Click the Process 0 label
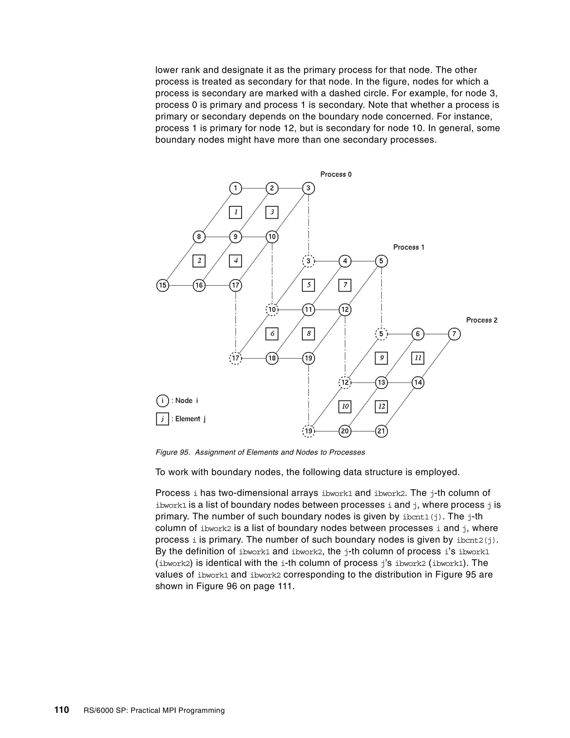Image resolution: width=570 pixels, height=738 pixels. click(336, 174)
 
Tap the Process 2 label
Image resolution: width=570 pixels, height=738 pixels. click(481, 320)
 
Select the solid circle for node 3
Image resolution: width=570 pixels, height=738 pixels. click(308, 188)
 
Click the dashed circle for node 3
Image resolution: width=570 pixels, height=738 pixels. click(308, 261)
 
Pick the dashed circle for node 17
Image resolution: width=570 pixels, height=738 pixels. click(236, 358)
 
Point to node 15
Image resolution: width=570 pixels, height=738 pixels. click(163, 285)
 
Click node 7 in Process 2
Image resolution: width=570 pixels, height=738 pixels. click(454, 334)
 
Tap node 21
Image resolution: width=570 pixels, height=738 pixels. click(381, 431)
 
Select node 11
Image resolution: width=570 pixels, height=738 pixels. click(308, 309)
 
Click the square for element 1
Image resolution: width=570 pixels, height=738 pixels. click(236, 212)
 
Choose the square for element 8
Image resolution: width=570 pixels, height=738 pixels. click(308, 334)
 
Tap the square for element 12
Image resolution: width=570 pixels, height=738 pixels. click(381, 407)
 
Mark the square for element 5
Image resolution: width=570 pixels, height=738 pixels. click(308, 285)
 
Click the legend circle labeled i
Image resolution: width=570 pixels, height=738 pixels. click(163, 401)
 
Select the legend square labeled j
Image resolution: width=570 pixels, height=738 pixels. click(163, 419)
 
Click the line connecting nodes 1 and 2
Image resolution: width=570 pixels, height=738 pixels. click(254, 188)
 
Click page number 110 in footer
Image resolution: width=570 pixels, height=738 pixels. click(62, 710)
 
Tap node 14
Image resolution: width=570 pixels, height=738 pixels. click(418, 383)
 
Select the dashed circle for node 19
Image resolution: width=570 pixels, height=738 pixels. click(308, 431)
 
